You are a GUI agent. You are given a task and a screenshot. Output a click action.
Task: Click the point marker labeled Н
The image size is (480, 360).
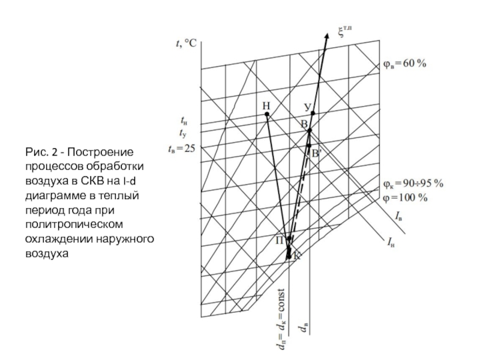[x=267, y=113]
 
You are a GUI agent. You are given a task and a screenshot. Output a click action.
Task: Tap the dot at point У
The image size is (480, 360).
[x=313, y=113]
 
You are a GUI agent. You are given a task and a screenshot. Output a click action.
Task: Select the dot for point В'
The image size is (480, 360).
[x=309, y=145]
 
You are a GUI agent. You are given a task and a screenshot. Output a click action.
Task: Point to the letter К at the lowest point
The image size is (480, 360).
[x=296, y=256]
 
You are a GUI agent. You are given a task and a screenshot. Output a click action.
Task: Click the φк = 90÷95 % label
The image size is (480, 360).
[x=413, y=183]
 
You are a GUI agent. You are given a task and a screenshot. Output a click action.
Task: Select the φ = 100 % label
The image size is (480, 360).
[x=405, y=196]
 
